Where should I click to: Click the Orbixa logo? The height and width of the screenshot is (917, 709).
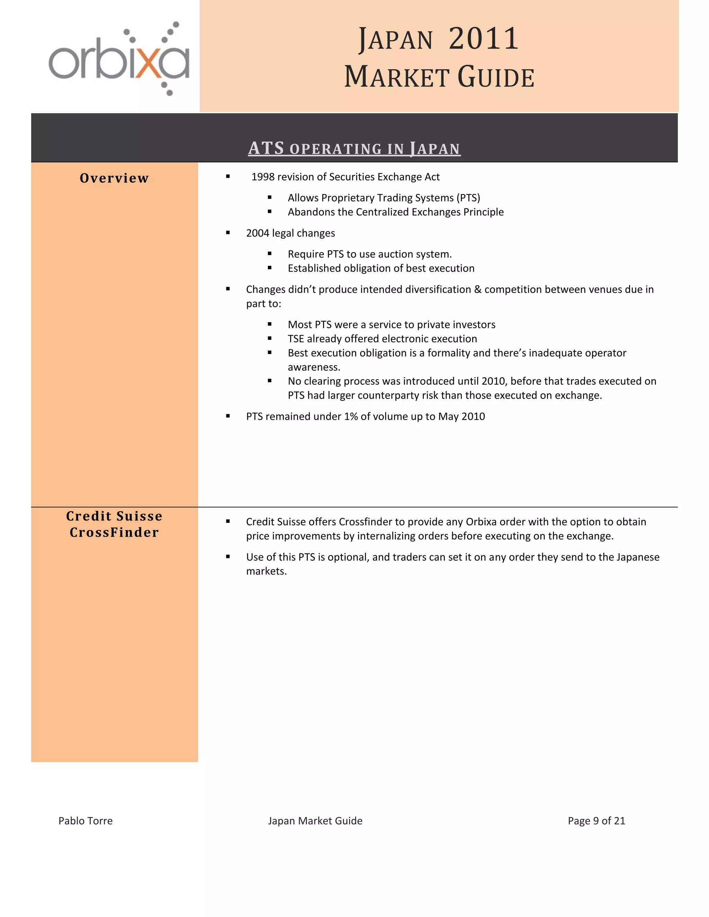(119, 59)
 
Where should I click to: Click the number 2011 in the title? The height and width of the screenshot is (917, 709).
(483, 39)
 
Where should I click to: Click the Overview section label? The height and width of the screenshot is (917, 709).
(114, 178)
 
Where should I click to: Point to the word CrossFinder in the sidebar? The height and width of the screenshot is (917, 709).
(114, 533)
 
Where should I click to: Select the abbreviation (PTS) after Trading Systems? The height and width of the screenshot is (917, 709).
(468, 198)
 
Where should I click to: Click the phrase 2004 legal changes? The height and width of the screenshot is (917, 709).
(290, 233)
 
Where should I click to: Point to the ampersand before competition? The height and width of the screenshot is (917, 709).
(477, 289)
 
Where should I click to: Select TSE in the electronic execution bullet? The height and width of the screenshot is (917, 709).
(296, 339)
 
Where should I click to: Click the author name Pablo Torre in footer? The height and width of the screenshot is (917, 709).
(85, 821)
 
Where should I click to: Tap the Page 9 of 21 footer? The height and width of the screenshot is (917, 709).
(596, 821)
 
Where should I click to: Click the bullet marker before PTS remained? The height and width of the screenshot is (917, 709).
(228, 416)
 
